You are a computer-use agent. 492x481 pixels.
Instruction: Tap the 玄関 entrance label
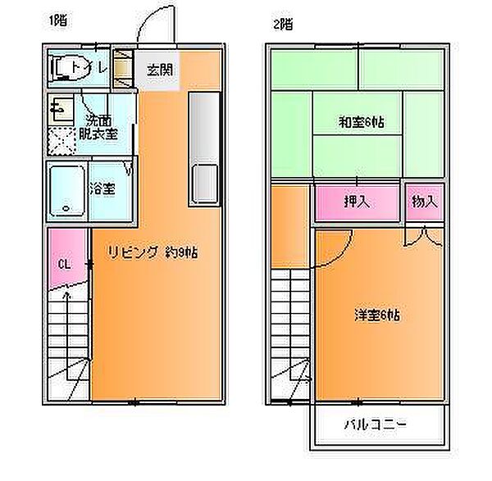click(x=159, y=70)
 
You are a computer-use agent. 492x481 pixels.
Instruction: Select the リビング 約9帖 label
click(x=153, y=252)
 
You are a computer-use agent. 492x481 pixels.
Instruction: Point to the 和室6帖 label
click(x=362, y=123)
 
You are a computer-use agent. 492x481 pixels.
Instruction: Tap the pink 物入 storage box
click(x=424, y=202)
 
